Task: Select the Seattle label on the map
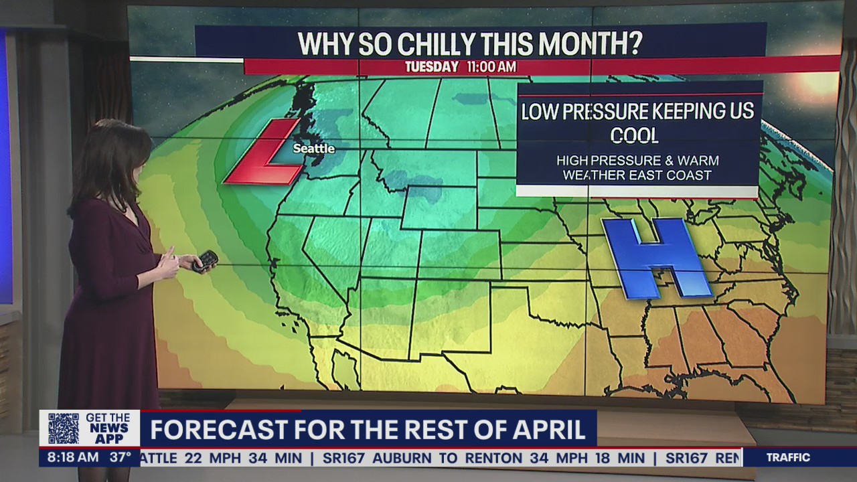coord(313,149)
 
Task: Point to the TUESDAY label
coord(432,67)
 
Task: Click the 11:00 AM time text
coord(491,67)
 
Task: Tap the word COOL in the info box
coord(634,136)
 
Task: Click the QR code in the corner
coord(63,428)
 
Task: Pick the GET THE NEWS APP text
coord(107,428)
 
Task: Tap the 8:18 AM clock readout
coord(69,458)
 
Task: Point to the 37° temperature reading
coord(121,458)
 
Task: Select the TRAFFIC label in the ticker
coord(788,458)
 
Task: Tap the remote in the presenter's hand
coord(205,261)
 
